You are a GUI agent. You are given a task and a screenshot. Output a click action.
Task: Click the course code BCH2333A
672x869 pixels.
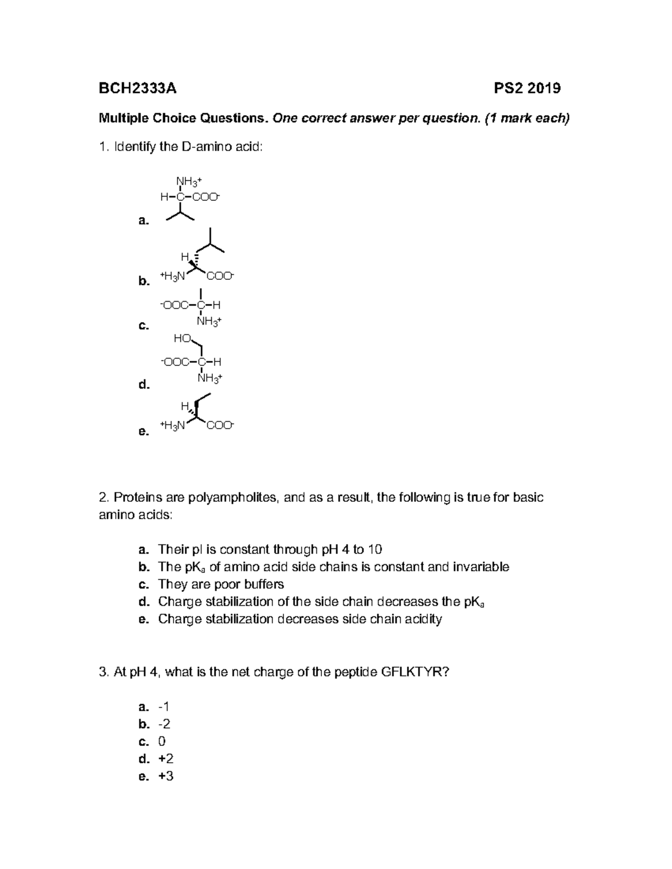tap(137, 88)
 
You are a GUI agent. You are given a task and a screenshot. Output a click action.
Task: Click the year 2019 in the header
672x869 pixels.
tap(543, 88)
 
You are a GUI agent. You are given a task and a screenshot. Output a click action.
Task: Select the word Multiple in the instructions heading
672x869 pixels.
tap(123, 118)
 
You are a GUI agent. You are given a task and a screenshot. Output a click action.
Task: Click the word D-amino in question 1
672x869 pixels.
tap(201, 147)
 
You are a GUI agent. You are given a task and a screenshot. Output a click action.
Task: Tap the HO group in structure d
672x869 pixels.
tap(183, 339)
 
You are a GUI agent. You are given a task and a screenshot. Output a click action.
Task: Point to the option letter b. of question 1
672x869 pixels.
tap(144, 281)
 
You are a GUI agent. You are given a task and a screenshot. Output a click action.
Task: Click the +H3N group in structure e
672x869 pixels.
tap(172, 426)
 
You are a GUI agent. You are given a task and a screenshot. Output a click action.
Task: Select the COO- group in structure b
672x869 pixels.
tap(220, 276)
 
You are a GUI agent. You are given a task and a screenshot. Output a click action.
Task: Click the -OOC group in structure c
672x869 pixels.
tap(175, 305)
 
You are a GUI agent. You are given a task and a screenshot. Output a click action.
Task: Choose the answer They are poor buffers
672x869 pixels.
tap(221, 584)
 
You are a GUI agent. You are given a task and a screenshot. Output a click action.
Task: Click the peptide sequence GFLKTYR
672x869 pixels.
tap(414, 672)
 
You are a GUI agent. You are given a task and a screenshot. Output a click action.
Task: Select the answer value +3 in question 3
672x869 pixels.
tap(166, 776)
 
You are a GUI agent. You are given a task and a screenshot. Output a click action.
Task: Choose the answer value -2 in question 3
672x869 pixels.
tap(164, 724)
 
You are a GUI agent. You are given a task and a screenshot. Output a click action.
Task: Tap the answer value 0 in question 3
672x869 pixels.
tap(162, 741)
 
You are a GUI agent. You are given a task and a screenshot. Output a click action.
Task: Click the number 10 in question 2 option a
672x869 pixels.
tap(375, 549)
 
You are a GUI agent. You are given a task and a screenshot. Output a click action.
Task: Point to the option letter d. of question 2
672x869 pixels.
tap(144, 602)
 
